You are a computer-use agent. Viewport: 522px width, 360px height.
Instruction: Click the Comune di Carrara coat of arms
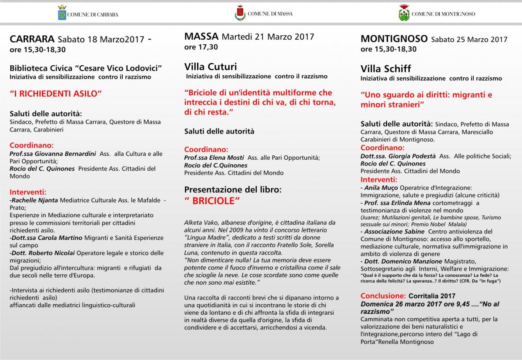62,13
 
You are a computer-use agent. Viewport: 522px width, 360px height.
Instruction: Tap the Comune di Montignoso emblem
404,13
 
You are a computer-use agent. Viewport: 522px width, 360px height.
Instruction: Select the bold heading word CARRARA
32,39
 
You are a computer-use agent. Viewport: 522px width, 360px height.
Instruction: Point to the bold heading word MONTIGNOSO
394,39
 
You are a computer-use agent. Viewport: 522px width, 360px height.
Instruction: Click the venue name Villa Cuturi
211,67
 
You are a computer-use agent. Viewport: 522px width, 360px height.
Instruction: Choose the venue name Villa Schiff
385,69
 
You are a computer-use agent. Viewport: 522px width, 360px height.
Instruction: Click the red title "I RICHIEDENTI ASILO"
56,93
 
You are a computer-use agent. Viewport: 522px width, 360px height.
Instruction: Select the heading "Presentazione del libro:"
233,190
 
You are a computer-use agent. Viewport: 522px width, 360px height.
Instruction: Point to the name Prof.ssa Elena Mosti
214,158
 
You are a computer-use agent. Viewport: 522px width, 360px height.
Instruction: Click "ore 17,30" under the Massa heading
201,47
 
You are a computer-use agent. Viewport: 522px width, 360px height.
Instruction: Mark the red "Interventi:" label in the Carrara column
28,192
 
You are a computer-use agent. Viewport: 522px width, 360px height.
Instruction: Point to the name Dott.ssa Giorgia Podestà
398,156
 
